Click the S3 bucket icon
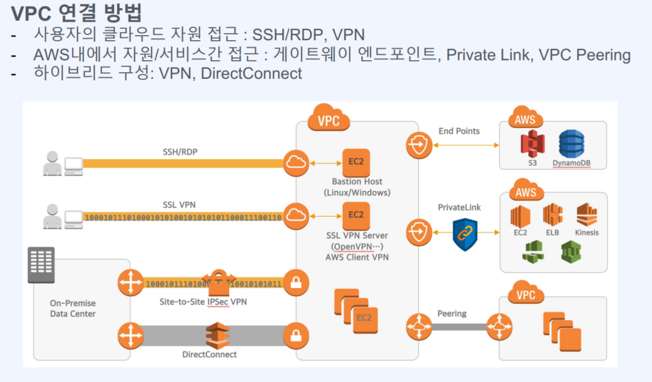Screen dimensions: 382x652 533,144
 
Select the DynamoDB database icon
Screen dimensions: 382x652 571,144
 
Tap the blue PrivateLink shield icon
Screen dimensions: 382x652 465,234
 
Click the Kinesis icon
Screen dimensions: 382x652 586,215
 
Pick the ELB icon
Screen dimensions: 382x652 553,215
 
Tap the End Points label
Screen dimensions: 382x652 459,131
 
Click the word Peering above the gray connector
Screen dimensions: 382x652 452,313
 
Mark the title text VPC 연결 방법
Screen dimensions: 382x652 78,12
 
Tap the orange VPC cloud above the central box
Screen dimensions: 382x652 329,118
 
